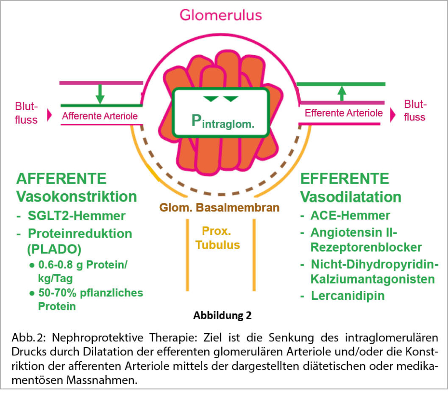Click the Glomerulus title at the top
pyautogui.click(x=220, y=15)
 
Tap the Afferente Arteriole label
pyautogui.click(x=100, y=116)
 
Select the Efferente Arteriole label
pyautogui.click(x=344, y=113)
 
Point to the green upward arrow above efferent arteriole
pyautogui.click(x=342, y=92)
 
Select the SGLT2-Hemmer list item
pyautogui.click(x=77, y=216)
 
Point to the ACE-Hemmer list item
pyautogui.click(x=350, y=216)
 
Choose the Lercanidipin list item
pyautogui.click(x=348, y=295)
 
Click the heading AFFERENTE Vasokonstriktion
pyautogui.click(x=76, y=187)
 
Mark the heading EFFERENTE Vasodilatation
pyautogui.click(x=350, y=187)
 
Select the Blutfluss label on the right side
pyautogui.click(x=414, y=111)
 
